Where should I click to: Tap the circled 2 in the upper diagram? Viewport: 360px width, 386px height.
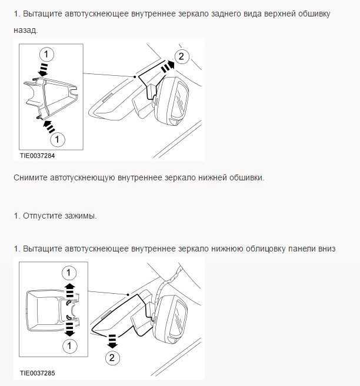[x=181, y=57]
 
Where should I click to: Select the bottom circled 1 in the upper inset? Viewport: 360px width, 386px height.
[x=57, y=139]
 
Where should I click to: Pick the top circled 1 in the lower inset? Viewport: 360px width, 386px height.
[x=69, y=273]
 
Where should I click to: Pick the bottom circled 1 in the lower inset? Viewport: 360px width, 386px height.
[x=69, y=346]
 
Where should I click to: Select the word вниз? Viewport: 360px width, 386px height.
[x=325, y=249]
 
